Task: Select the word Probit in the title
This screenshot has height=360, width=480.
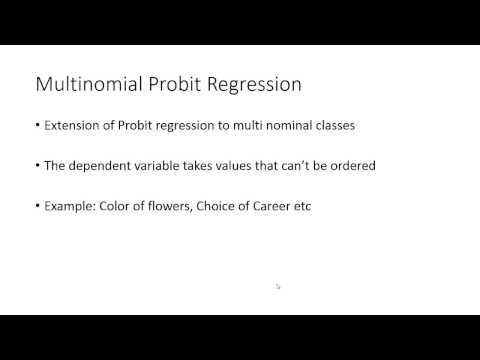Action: click(x=170, y=84)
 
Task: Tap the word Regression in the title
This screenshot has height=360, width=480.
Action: click(x=252, y=84)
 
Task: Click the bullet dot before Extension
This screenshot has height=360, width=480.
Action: click(x=37, y=127)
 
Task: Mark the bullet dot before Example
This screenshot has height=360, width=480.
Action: click(x=37, y=206)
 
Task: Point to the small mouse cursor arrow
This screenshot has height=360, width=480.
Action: click(x=278, y=287)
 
